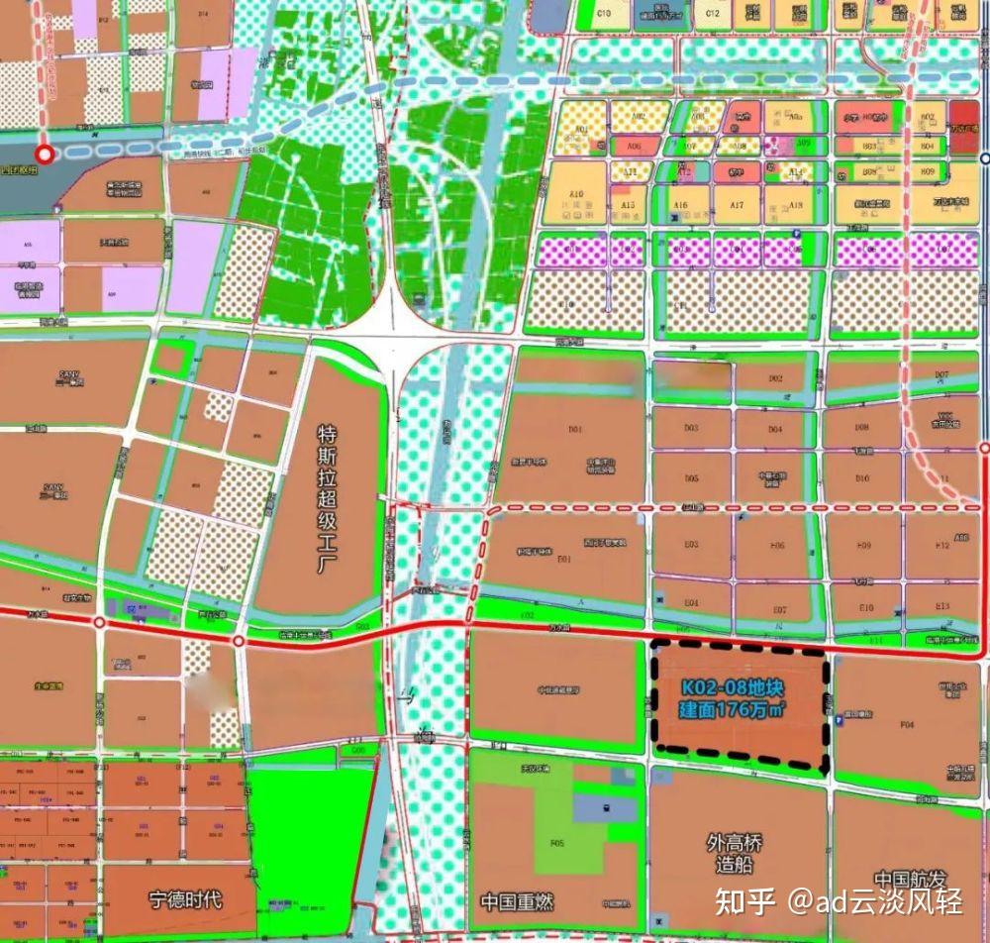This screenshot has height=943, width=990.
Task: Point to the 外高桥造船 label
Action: click(735, 853)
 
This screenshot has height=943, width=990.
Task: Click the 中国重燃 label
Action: click(515, 902)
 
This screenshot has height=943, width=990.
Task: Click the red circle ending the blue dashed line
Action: click(44, 155)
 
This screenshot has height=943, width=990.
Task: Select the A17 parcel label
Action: click(737, 205)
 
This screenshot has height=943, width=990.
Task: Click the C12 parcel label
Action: click(712, 14)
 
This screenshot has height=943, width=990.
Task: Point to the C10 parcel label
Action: click(605, 14)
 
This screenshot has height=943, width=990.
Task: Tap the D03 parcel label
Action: click(692, 428)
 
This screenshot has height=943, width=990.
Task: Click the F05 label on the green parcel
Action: click(556, 843)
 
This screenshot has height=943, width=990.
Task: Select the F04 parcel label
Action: click(907, 725)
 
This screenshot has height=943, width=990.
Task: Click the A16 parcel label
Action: click(680, 205)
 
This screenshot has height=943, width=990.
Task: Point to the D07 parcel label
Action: click(941, 375)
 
